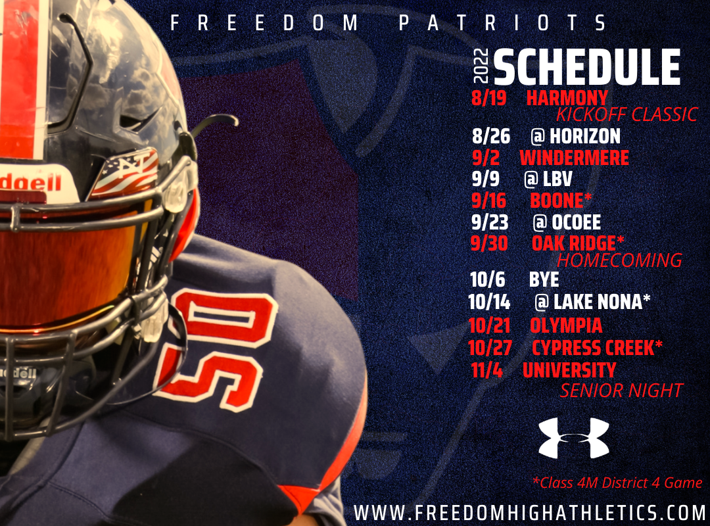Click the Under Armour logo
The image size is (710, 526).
click(x=574, y=438)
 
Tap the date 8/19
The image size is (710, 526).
click(x=489, y=98)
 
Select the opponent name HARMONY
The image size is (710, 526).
click(x=567, y=98)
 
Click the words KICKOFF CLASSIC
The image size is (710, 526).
click(x=627, y=115)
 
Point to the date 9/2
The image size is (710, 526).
click(x=487, y=158)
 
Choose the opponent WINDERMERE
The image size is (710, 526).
click(x=574, y=158)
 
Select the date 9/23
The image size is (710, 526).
click(x=490, y=222)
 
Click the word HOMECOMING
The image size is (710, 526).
click(x=619, y=260)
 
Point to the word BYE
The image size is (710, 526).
click(x=544, y=280)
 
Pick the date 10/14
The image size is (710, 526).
click(x=490, y=302)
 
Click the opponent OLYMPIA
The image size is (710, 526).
click(x=565, y=325)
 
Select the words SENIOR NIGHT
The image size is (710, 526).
click(x=621, y=391)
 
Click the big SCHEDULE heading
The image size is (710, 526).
click(x=586, y=67)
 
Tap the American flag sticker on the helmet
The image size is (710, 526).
click(x=124, y=172)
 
